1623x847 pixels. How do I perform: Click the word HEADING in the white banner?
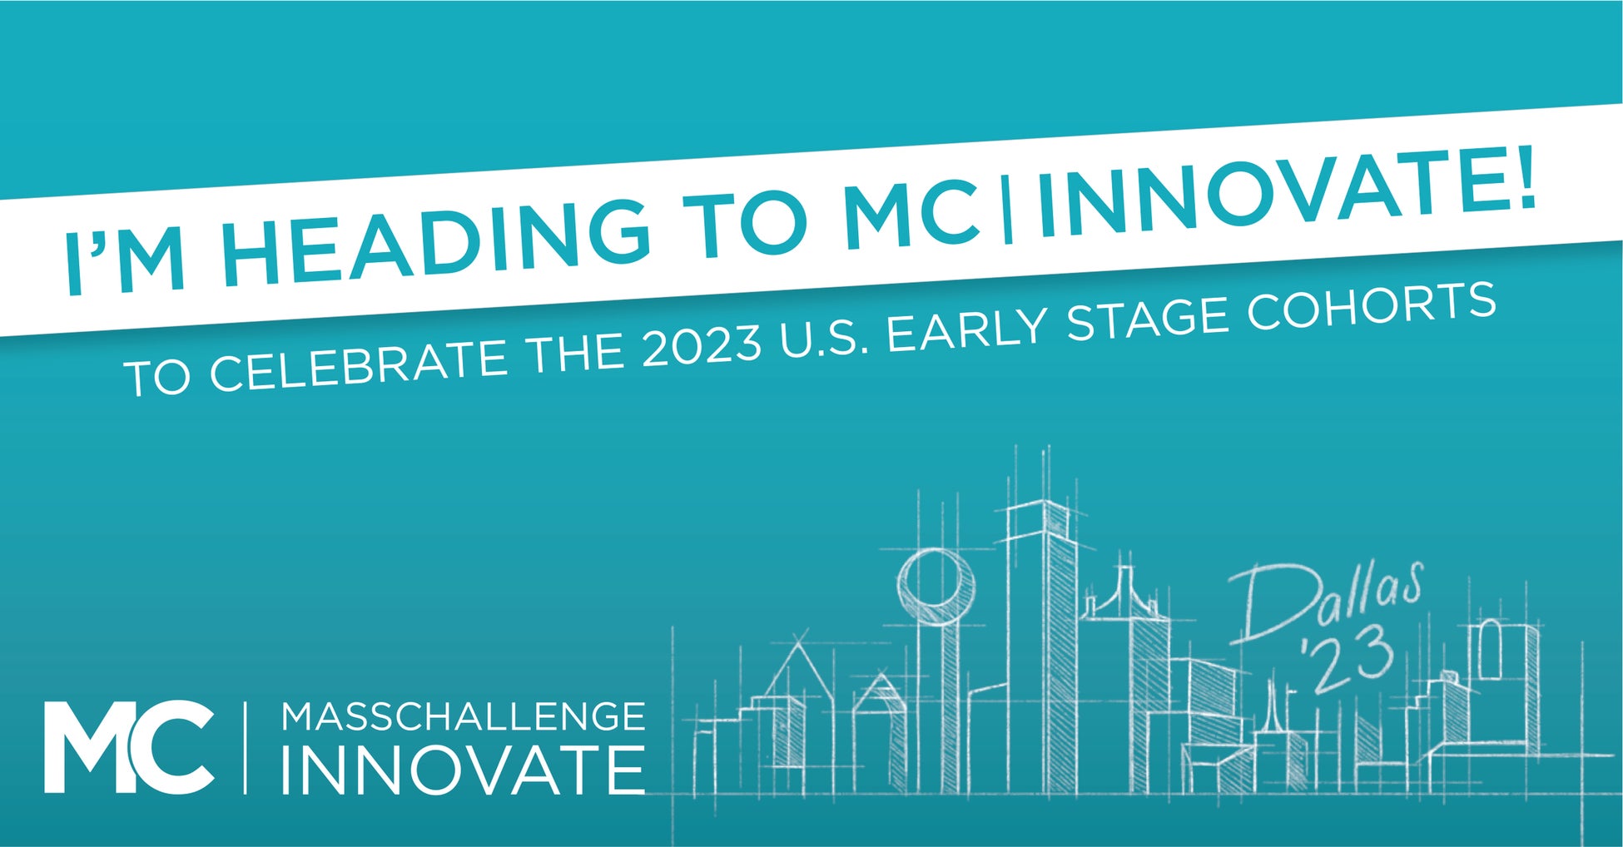click(433, 238)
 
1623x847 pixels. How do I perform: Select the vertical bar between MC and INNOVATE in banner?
click(1007, 212)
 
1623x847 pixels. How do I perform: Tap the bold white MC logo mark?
click(129, 747)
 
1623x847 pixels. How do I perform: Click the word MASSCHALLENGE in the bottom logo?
click(464, 717)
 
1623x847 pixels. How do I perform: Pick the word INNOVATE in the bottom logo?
click(463, 770)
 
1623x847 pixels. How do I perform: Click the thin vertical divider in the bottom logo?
click(245, 747)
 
